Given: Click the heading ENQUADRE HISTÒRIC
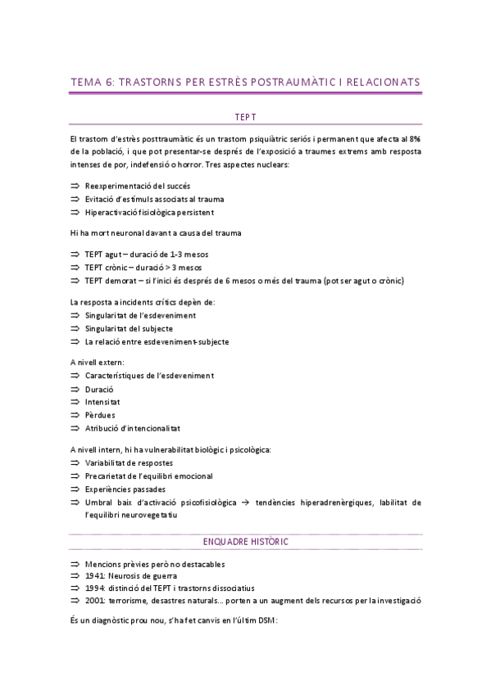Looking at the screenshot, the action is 246,542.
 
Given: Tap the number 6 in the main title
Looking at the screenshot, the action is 111,82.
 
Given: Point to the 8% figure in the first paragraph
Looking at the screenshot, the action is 415,139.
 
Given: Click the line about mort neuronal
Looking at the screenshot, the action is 156,233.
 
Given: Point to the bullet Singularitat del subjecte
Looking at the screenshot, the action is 129,328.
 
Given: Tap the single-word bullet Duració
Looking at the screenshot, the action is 99,389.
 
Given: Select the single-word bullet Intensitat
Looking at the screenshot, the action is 102,402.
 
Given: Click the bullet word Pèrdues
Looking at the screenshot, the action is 100,415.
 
